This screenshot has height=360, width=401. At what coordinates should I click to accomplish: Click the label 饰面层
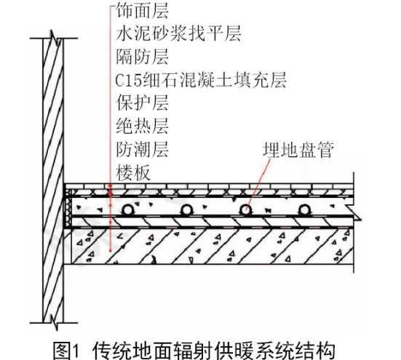(142, 11)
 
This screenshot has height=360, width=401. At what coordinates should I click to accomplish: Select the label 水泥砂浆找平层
(178, 33)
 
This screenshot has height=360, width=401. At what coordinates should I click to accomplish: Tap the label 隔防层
(142, 57)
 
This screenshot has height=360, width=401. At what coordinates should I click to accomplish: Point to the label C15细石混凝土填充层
(201, 80)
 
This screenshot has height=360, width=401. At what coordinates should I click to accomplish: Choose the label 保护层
(142, 103)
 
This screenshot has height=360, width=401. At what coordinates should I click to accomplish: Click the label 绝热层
(142, 126)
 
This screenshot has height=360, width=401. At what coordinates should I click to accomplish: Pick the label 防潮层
(142, 149)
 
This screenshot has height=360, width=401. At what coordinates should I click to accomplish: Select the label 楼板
(133, 172)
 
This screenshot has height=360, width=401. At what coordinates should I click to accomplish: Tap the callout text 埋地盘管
(298, 150)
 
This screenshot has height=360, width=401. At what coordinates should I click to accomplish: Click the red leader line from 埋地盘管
(258, 185)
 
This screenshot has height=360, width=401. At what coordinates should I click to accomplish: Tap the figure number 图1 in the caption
(66, 351)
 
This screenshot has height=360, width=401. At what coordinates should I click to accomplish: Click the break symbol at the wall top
(54, 39)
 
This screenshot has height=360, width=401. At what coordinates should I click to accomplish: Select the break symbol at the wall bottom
(54, 322)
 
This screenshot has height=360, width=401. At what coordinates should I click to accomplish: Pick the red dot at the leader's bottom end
(111, 250)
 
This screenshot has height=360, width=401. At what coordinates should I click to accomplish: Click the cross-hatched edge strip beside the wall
(68, 208)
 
